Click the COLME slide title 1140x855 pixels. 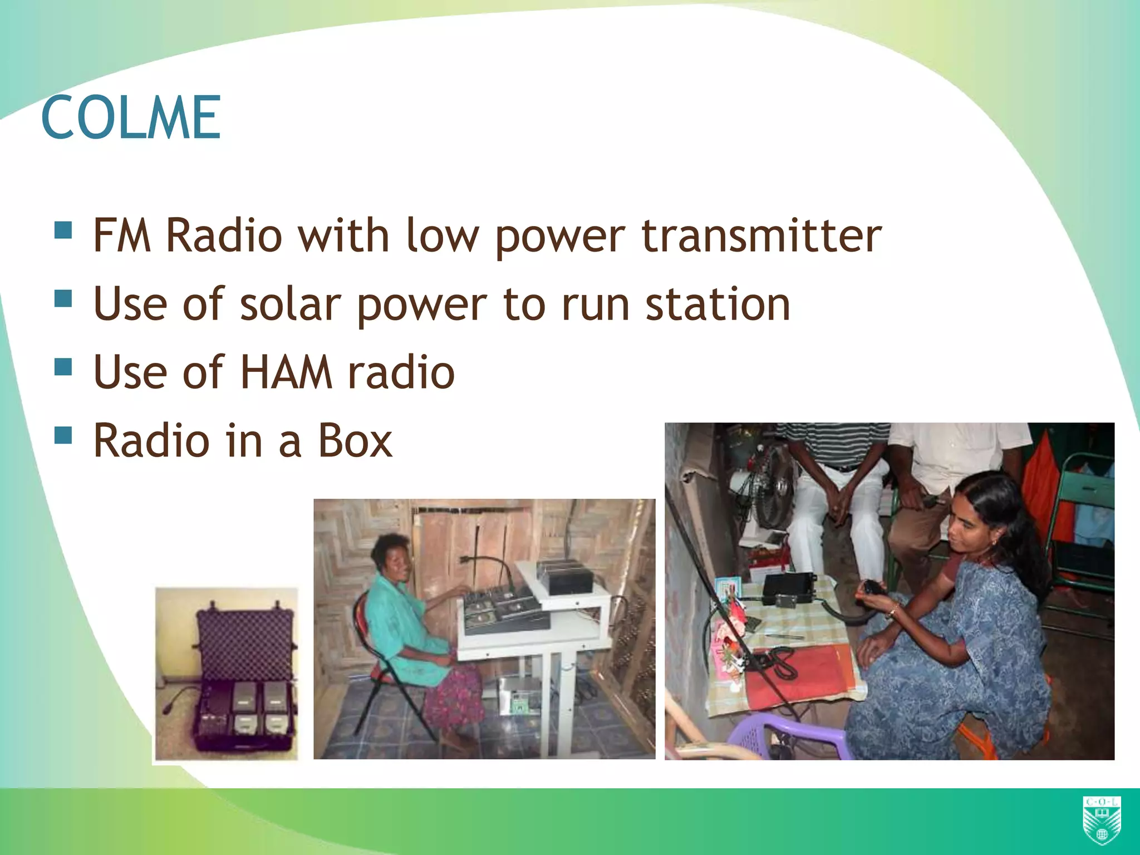coord(131,118)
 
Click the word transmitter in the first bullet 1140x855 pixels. coord(761,236)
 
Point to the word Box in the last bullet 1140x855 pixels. coord(355,441)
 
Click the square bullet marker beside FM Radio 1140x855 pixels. coord(63,230)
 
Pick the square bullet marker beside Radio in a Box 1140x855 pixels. coord(63,435)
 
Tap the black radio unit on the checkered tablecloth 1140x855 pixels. coord(789,589)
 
